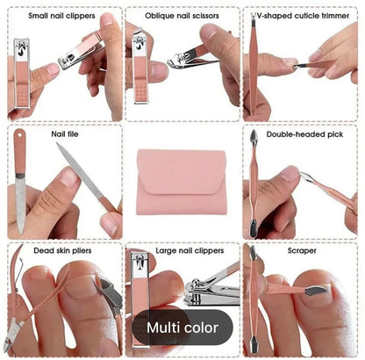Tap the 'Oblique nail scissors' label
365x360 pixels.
(x=182, y=15)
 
